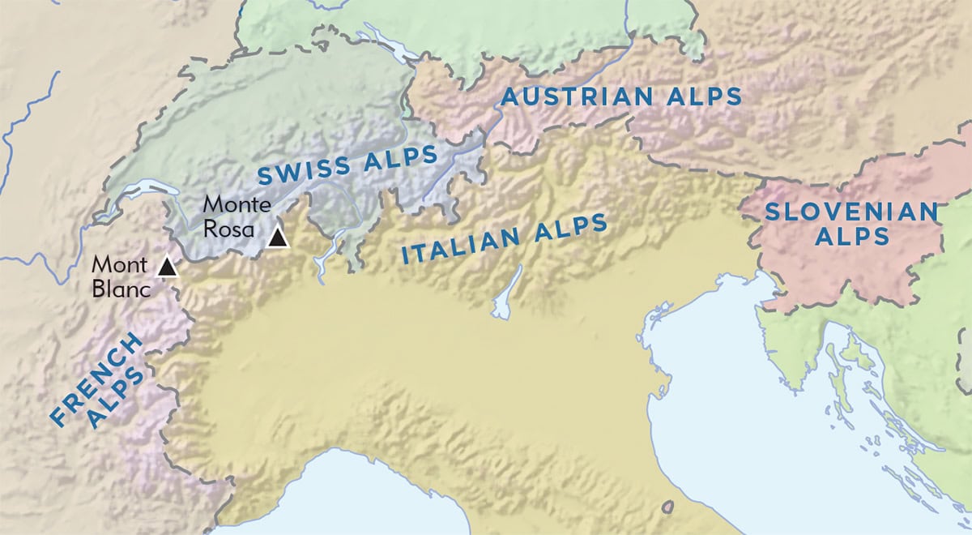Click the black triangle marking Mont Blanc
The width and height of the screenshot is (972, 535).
pyautogui.click(x=167, y=267)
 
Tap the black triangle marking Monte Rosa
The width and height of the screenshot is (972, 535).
pyautogui.click(x=278, y=238)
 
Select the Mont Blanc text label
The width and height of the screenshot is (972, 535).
pyautogui.click(x=120, y=276)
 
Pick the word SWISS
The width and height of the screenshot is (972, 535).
pyautogui.click(x=305, y=169)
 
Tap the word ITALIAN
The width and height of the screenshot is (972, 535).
pyautogui.click(x=461, y=246)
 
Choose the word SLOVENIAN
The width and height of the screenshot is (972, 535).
pyautogui.click(x=850, y=212)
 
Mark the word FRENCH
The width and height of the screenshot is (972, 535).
pyautogui.click(x=96, y=379)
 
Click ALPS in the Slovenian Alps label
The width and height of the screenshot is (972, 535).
pyautogui.click(x=851, y=237)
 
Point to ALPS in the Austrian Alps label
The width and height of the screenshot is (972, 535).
pyautogui.click(x=703, y=96)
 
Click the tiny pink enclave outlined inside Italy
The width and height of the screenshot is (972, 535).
pyautogui.click(x=668, y=507)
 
